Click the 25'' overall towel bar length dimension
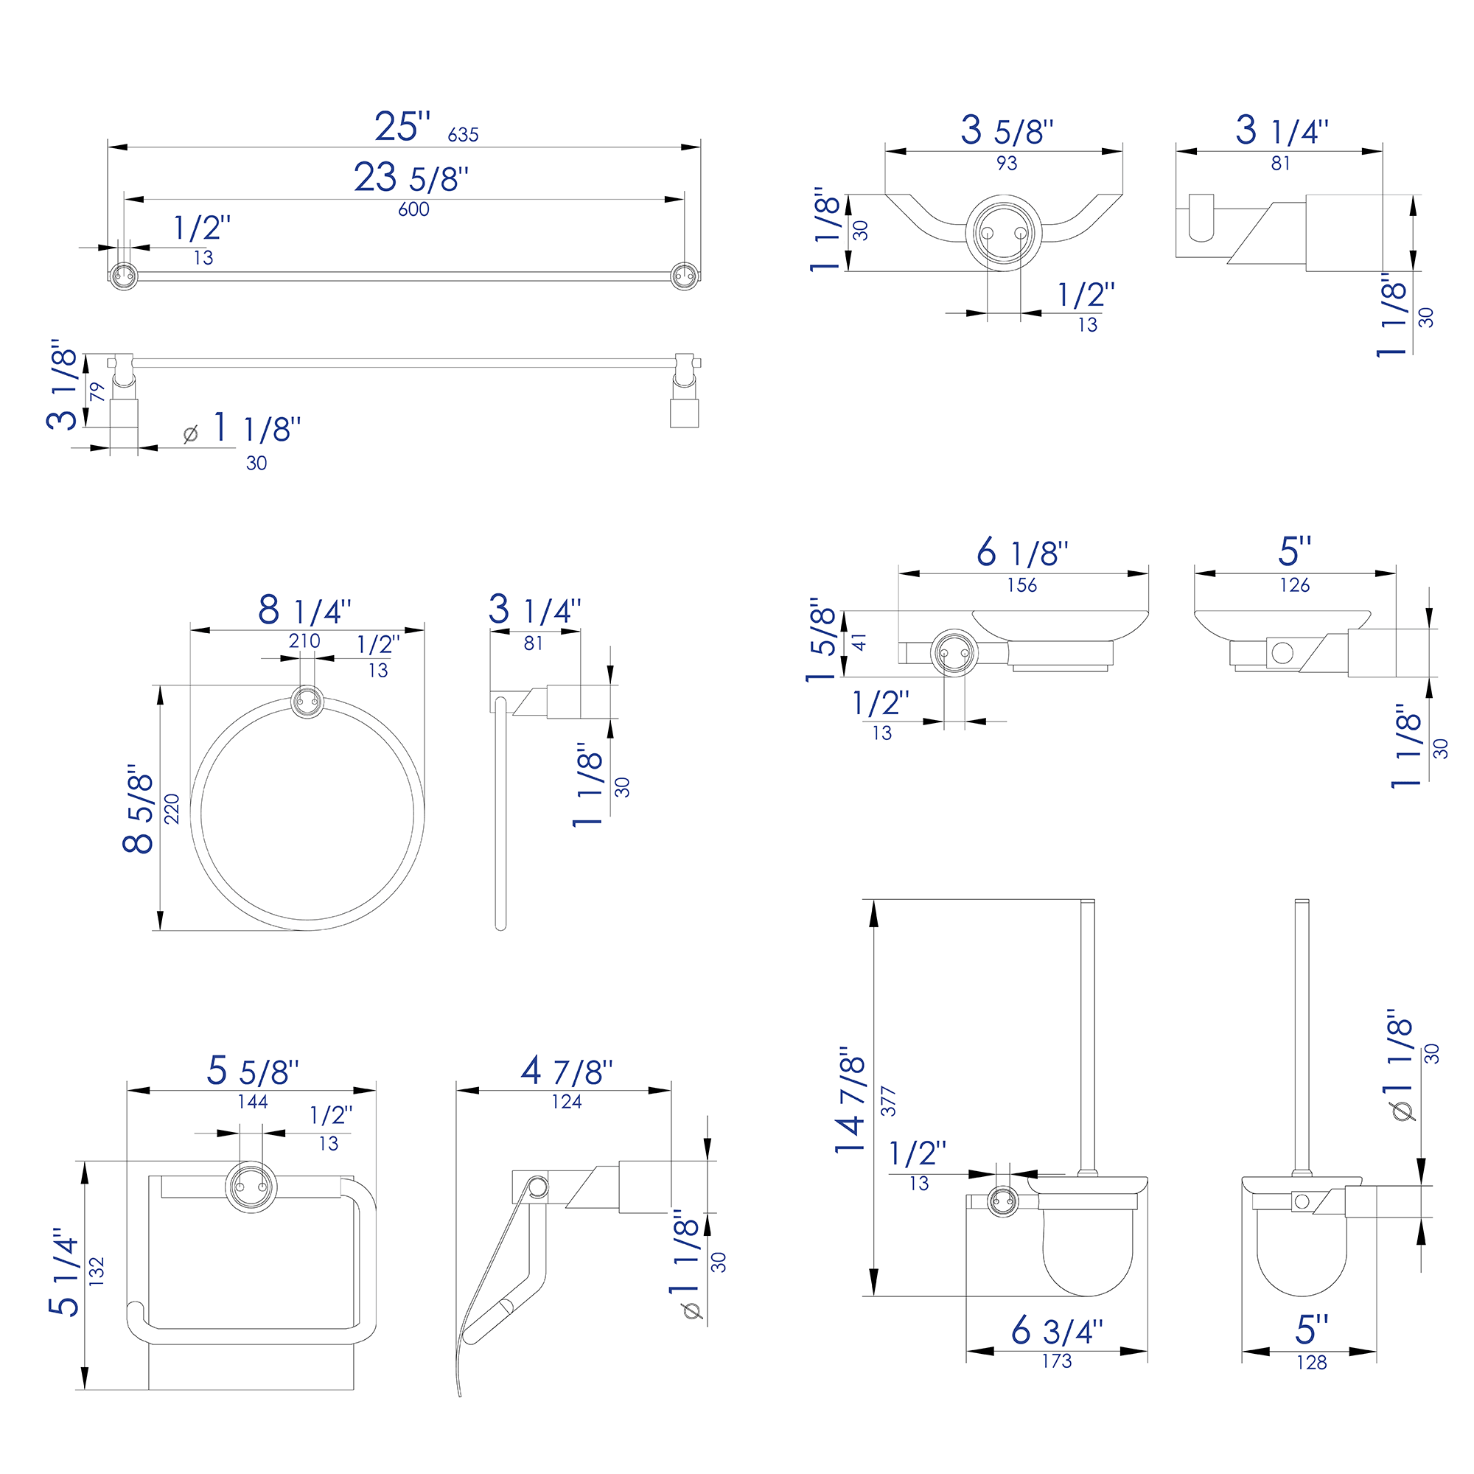pos(402,126)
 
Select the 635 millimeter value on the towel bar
pos(463,135)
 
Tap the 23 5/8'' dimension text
pos(411,178)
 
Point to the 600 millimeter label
pos(413,209)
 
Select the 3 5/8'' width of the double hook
pos(1006,130)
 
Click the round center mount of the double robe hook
pos(1003,233)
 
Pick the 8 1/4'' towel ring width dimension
pos(304,610)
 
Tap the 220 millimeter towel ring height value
pos(172,808)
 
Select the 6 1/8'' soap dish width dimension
pos(1021,552)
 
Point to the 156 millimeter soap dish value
pos(1021,585)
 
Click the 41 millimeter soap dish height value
pos(860,642)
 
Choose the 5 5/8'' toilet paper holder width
pos(253,1071)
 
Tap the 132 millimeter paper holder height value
pos(96,1272)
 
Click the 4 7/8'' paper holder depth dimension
pos(566,1071)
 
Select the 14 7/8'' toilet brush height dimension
pos(850,1100)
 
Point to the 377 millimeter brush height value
pos(888,1101)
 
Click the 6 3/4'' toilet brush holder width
pos(1057,1331)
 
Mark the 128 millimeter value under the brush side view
pos(1312,1362)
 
